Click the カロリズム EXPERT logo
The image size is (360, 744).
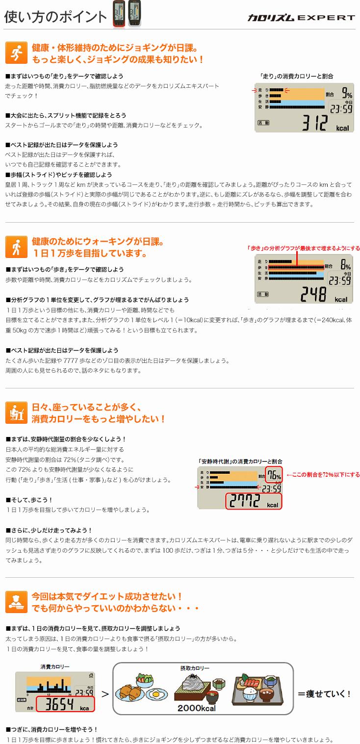[301, 18]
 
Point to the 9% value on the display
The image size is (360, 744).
[346, 93]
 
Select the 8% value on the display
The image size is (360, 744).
[346, 265]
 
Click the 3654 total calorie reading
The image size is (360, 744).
[64, 704]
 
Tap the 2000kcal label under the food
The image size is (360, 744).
[196, 708]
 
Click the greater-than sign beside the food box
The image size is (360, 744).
[104, 694]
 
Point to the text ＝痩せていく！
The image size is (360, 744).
[324, 693]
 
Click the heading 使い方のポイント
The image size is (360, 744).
[55, 17]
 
